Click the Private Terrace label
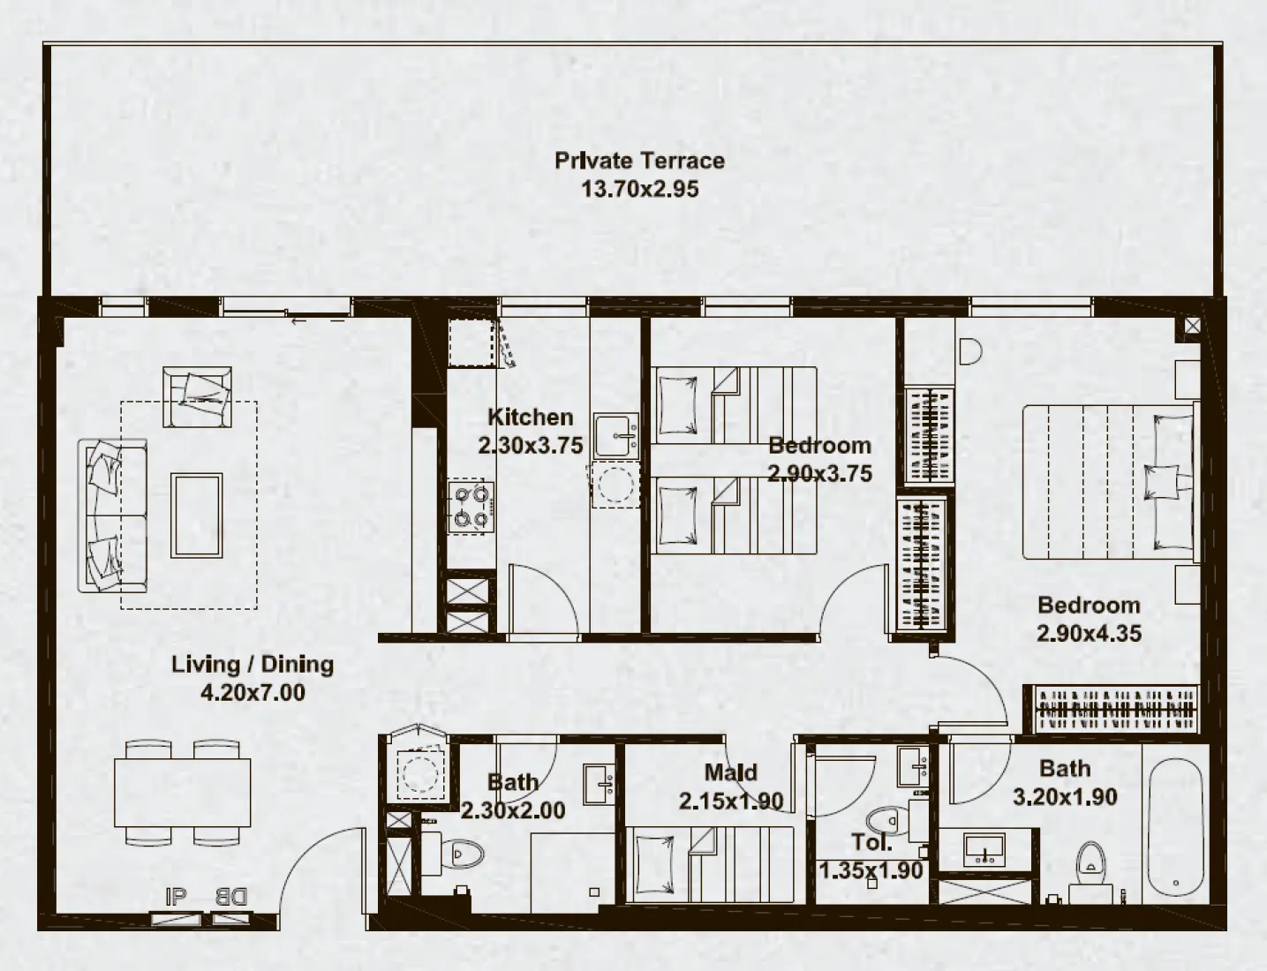pyautogui.click(x=639, y=161)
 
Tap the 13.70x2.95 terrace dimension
pyautogui.click(x=639, y=189)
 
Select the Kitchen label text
pyautogui.click(x=530, y=417)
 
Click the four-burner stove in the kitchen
pyautogui.click(x=470, y=508)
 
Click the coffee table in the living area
pyautogui.click(x=197, y=516)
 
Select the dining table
pyautogui.click(x=182, y=792)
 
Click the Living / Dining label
pyautogui.click(x=253, y=664)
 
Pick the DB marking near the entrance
pyautogui.click(x=231, y=898)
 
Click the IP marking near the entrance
pyautogui.click(x=177, y=898)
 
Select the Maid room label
pyautogui.click(x=730, y=772)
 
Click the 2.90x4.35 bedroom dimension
pyautogui.click(x=1089, y=633)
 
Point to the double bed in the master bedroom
pyautogui.click(x=1108, y=482)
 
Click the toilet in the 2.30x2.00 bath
pyautogui.click(x=463, y=854)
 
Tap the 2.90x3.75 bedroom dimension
pyautogui.click(x=819, y=473)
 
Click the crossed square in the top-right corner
pyautogui.click(x=1192, y=327)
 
